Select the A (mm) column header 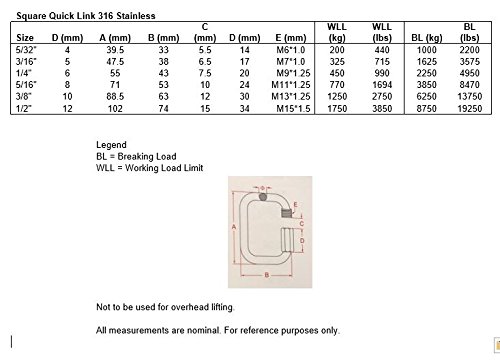click(115, 38)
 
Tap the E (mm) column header click(291, 38)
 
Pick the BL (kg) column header click(427, 38)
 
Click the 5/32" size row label click(26, 50)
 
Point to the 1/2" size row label click(23, 109)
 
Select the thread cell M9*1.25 click(293, 73)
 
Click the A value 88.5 click(115, 97)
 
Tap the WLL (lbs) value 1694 click(382, 85)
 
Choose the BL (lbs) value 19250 click(470, 109)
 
